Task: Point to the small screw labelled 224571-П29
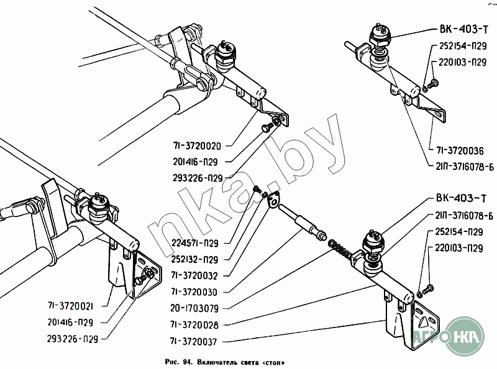coord(256,189)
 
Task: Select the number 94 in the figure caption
coord(185,361)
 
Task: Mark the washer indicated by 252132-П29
coord(266,197)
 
